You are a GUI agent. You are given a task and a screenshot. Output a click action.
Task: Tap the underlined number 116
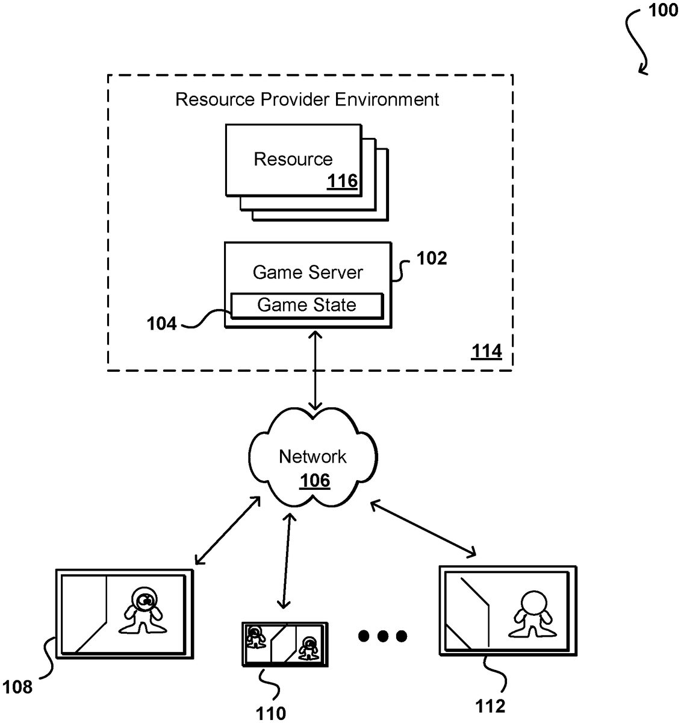pyautogui.click(x=342, y=181)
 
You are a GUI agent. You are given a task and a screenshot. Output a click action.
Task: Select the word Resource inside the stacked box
pyautogui.click(x=293, y=159)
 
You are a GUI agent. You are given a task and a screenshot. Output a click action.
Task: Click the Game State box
pyautogui.click(x=306, y=305)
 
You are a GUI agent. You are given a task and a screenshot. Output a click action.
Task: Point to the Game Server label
pyautogui.click(x=308, y=272)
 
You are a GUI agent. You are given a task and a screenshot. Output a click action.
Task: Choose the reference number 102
pyautogui.click(x=432, y=258)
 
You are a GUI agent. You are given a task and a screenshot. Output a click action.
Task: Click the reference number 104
pyautogui.click(x=161, y=324)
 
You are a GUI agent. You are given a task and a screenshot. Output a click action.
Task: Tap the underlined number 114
pyautogui.click(x=486, y=351)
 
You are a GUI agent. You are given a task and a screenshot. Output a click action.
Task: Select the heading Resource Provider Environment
pyautogui.click(x=307, y=99)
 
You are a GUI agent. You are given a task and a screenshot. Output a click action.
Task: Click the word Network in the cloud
pyautogui.click(x=313, y=457)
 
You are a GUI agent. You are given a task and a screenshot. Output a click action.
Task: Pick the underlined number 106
pyautogui.click(x=315, y=480)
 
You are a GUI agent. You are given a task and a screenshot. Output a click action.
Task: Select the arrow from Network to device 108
pyautogui.click(x=228, y=531)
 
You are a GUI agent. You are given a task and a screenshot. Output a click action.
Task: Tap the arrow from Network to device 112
pyautogui.click(x=423, y=528)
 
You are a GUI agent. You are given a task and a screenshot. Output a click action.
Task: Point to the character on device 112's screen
pyautogui.click(x=532, y=615)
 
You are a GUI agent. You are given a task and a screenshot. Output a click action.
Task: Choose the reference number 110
pyautogui.click(x=271, y=713)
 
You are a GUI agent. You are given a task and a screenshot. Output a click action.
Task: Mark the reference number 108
pyautogui.click(x=17, y=686)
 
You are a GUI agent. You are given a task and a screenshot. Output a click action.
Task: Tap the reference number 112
pyautogui.click(x=490, y=706)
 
